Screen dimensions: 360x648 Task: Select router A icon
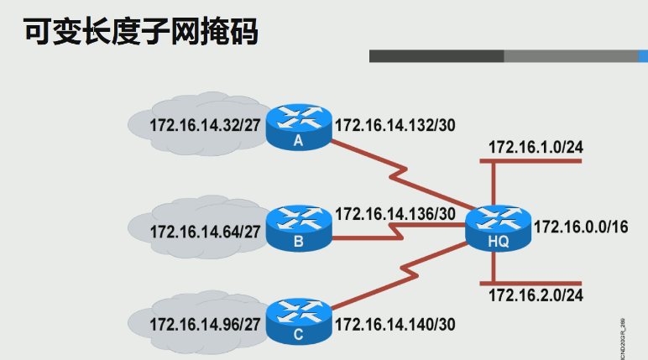point(298,127)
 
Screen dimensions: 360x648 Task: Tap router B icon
point(299,227)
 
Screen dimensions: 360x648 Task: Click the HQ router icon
point(499,227)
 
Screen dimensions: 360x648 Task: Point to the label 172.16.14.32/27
point(205,127)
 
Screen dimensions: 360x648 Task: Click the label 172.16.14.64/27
point(205,231)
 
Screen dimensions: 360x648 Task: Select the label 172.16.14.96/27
point(205,323)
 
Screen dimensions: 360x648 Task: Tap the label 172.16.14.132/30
point(395,126)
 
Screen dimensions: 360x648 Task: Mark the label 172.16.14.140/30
point(395,323)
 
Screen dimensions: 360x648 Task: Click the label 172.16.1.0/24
point(536,147)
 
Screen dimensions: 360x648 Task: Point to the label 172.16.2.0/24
point(536,295)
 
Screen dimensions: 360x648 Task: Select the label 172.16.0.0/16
point(581,227)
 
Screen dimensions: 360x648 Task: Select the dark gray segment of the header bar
point(436,56)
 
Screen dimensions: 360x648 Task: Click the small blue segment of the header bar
point(642,56)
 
